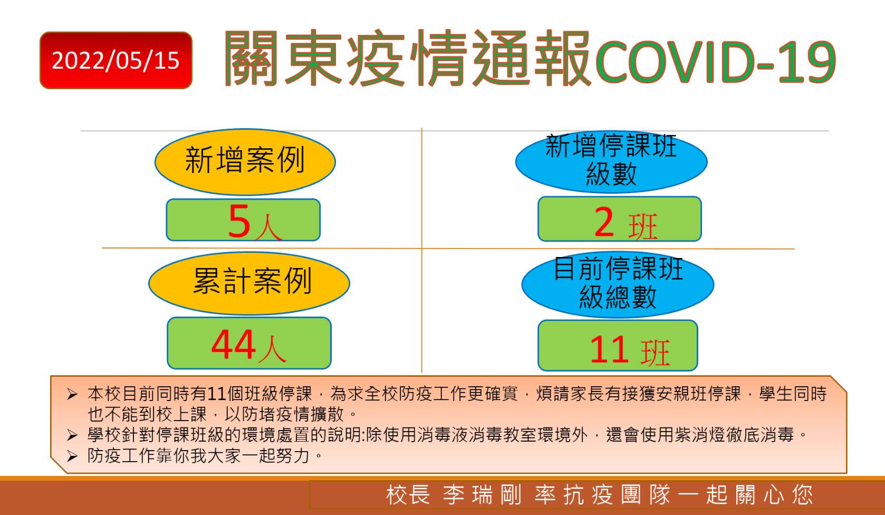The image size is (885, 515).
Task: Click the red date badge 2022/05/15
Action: coord(116,60)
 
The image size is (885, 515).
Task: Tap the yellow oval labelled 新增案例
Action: coord(245,161)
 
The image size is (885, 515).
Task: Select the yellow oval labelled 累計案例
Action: coord(249,283)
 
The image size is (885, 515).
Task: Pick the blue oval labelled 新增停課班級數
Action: coord(611,161)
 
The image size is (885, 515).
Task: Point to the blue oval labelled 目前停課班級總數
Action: coord(618,284)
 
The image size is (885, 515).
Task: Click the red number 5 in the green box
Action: coord(239,221)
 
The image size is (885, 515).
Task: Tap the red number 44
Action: coord(233,345)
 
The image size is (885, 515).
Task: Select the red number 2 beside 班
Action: coord(604,223)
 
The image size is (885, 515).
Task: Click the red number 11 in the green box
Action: coord(609,349)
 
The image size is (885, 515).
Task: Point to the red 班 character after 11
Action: coord(655,352)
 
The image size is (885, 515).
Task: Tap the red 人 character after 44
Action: coord(272,349)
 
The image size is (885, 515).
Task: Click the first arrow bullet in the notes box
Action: coord(72,394)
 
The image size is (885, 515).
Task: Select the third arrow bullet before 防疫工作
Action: coord(72,456)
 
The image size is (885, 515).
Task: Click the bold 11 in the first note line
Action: coord(217,394)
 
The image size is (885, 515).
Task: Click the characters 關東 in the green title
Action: coord(283,58)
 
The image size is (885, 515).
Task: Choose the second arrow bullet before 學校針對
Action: coord(72,435)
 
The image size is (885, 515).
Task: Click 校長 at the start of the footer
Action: coord(408,495)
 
